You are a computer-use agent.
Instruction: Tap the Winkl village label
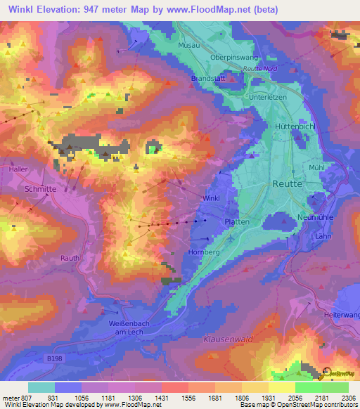point(211,199)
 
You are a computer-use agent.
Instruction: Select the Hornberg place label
point(205,252)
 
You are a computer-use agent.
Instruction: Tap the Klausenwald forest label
point(226,339)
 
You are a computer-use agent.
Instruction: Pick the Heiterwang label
point(341,315)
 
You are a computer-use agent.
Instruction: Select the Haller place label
point(18,169)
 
